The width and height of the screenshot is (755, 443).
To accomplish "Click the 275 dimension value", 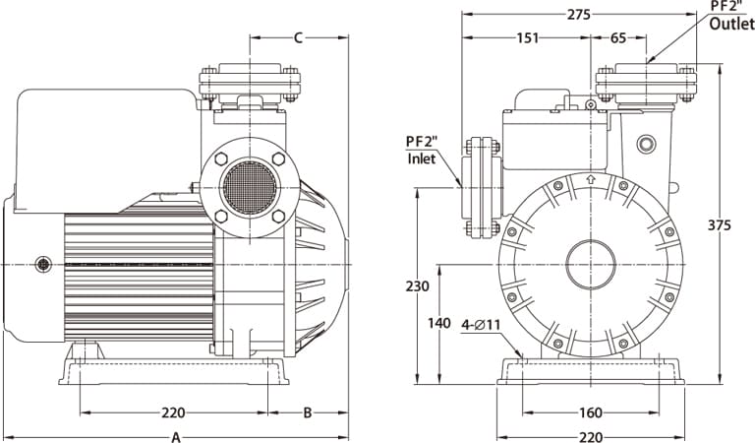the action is point(578,15).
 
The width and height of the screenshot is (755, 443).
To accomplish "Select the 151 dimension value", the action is point(527,37).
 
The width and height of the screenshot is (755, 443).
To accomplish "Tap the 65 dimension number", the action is point(617,37).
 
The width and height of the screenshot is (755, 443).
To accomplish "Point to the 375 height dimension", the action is point(719,225).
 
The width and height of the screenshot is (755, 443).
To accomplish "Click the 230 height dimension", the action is point(417,286).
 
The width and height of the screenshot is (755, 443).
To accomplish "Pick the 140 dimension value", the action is point(439,323).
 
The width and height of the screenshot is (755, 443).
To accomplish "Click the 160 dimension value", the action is point(590,412).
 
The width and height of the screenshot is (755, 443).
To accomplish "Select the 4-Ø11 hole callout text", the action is point(481,325).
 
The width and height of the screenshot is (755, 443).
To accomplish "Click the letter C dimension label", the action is point(299,37).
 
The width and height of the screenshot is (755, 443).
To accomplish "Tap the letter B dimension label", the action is point(307,412).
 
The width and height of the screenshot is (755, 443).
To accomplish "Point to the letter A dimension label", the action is point(176,437).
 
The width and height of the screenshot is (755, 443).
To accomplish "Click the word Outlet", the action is point(731,24).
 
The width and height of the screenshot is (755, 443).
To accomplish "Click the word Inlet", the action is point(422,158).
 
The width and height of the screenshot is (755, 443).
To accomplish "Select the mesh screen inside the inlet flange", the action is point(250,187).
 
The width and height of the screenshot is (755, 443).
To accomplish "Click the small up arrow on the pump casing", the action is point(591,179).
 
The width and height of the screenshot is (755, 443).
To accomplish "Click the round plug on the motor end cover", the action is point(43,264).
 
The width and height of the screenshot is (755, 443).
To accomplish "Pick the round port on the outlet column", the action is point(646,144).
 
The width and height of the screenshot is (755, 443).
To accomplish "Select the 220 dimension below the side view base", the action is point(173,412).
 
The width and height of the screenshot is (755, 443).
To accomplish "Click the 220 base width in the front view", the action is point(590,437).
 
